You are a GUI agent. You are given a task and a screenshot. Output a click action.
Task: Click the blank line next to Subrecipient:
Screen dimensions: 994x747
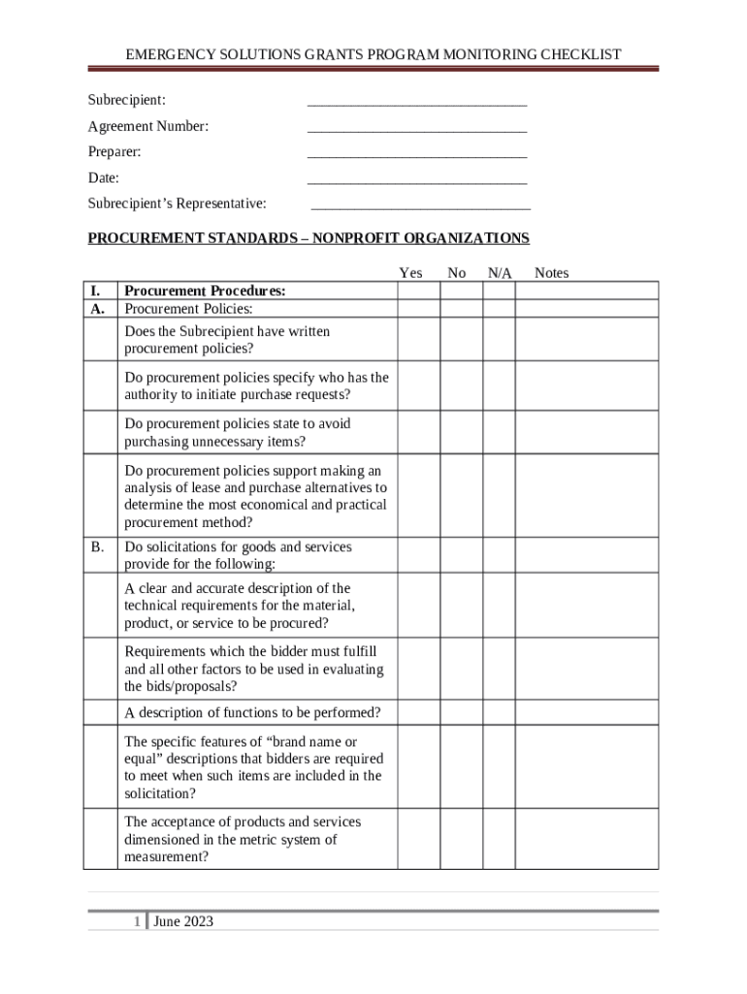[417, 102]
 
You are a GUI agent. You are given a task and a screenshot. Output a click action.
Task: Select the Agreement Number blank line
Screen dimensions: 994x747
[417, 127]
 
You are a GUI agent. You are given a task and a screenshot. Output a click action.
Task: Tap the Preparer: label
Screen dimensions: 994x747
[114, 152]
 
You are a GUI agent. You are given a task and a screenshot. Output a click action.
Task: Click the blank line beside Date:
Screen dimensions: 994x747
[417, 180]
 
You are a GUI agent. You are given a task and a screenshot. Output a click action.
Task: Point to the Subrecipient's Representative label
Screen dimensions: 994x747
[178, 204]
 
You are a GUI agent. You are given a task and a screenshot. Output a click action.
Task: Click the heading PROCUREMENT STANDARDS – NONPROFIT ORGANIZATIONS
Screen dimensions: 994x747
[309, 239]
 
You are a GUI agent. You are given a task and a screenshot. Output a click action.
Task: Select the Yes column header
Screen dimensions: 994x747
[410, 274]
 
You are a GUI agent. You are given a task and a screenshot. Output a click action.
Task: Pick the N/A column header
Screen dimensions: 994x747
[500, 274]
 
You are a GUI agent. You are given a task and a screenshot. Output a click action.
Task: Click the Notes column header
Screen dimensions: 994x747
[551, 274]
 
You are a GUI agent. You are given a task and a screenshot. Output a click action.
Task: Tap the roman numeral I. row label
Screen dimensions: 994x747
[95, 291]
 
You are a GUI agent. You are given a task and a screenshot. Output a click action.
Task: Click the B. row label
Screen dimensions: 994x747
[98, 547]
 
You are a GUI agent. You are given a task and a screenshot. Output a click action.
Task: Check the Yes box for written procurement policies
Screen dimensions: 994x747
[418, 340]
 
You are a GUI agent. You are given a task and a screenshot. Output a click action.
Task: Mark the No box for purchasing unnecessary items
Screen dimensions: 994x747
[462, 433]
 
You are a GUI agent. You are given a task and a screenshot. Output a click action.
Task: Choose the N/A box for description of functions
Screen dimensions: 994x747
[499, 712]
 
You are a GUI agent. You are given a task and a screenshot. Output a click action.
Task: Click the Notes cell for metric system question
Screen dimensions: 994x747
[586, 840]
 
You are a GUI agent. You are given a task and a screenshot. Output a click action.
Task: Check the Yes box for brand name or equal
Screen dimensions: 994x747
[418, 767]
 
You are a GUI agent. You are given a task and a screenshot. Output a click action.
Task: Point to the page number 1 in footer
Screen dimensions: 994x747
[138, 921]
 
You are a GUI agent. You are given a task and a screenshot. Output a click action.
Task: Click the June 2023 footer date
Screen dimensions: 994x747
[183, 921]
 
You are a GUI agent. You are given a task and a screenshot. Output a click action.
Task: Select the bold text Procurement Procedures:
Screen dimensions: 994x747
[205, 291]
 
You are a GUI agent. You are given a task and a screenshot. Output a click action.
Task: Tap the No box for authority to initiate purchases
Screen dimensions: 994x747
[462, 386]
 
